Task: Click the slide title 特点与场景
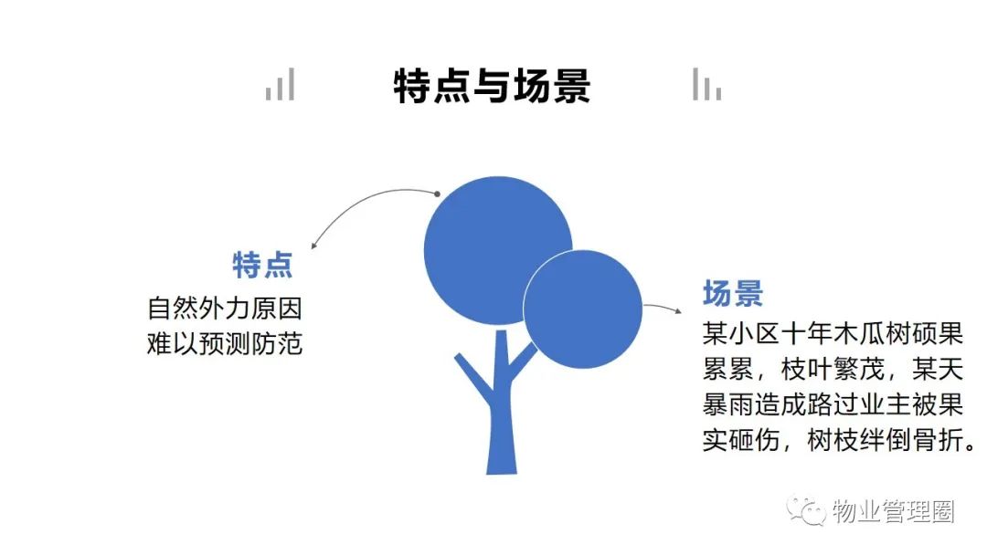click(493, 86)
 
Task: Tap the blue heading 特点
click(262, 265)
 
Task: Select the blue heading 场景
click(733, 294)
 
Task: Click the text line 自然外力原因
click(225, 309)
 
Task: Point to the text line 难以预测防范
click(225, 344)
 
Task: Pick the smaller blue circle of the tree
click(583, 309)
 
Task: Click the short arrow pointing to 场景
click(663, 307)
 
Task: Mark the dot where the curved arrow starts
click(437, 194)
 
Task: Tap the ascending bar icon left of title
click(281, 84)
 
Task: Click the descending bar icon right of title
click(706, 84)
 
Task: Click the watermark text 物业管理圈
click(893, 511)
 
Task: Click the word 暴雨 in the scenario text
click(728, 404)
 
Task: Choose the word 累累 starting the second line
click(728, 369)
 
